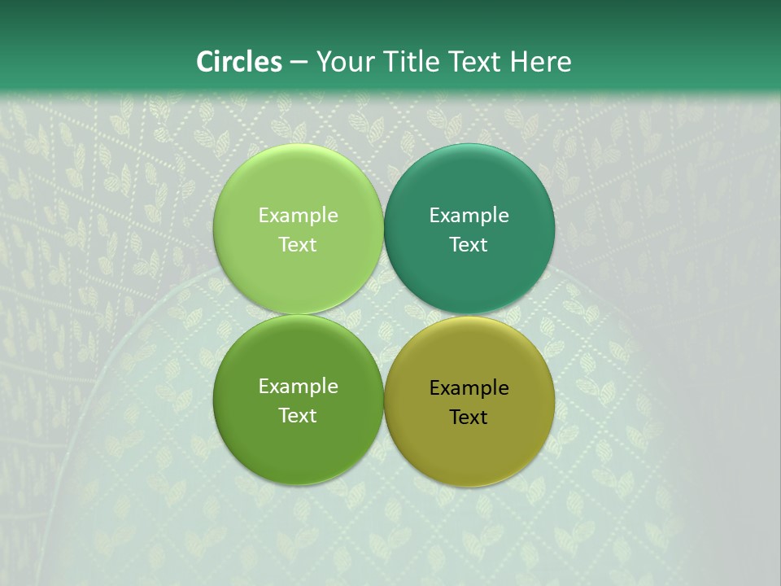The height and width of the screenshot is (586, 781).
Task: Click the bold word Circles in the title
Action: point(239,62)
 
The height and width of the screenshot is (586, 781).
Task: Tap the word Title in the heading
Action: point(404,62)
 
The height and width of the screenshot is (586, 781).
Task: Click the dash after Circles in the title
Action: point(299,63)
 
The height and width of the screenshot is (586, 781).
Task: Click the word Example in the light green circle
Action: point(298,216)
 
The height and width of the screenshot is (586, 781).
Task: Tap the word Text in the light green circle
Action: point(298,245)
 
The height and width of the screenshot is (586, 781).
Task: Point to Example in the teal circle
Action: point(469,216)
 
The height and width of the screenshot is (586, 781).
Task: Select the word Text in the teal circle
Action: point(469,245)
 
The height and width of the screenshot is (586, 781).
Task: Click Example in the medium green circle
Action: point(298,387)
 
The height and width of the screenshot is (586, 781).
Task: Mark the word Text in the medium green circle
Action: point(298,416)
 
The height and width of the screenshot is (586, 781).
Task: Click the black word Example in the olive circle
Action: point(469,388)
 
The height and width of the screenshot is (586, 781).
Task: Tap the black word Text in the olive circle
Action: point(469,418)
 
